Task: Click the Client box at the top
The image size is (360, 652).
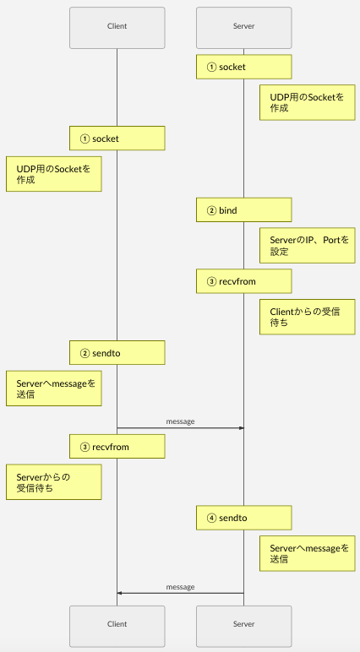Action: pos(117,26)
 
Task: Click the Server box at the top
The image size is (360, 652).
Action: pos(243,26)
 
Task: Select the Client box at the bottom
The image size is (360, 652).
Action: pos(117,624)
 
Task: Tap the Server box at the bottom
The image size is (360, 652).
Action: pos(243,624)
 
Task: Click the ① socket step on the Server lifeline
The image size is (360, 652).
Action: pos(243,67)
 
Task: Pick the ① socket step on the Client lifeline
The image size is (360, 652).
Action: pos(117,138)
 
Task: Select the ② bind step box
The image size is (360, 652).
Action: pos(243,209)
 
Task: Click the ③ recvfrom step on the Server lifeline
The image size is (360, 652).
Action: pos(243,280)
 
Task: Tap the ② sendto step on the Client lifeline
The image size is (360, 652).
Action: pos(117,352)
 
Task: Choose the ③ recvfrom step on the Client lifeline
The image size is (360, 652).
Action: pos(117,447)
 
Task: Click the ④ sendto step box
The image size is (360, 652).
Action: pos(243,518)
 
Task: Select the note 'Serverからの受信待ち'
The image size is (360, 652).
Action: pos(53,482)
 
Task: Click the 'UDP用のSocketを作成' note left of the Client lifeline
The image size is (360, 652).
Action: pos(53,174)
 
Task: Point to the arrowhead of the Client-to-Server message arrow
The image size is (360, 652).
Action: pos(241,428)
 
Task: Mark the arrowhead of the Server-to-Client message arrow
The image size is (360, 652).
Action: pos(120,594)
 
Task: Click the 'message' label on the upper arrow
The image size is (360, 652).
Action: pos(180,421)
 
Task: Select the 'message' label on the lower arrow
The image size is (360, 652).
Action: pos(180,586)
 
